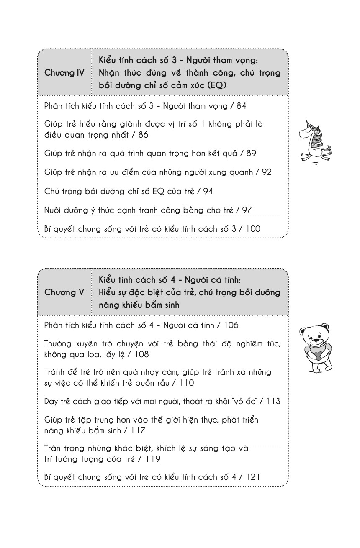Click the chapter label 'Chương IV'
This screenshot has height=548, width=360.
point(64,73)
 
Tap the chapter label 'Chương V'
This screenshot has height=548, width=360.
point(64,292)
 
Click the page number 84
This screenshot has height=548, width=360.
point(242,106)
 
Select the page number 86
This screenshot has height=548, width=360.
point(143,135)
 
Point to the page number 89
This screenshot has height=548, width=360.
point(252,153)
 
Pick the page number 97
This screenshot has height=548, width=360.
point(247,210)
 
